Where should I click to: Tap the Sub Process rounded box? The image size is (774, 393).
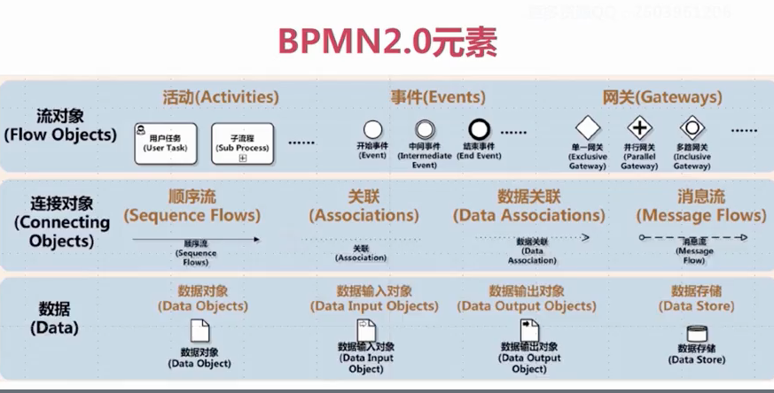242,143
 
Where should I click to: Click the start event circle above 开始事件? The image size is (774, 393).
373,130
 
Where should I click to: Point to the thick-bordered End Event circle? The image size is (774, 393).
480,130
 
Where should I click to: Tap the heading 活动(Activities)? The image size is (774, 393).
221,96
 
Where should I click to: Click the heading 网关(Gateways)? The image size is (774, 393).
662,96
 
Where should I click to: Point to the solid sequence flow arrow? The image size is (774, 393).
196,239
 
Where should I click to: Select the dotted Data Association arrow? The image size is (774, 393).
532,237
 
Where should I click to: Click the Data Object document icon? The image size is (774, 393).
201,330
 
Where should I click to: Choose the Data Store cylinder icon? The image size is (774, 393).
697,334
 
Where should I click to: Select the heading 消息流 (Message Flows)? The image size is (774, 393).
700,205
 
